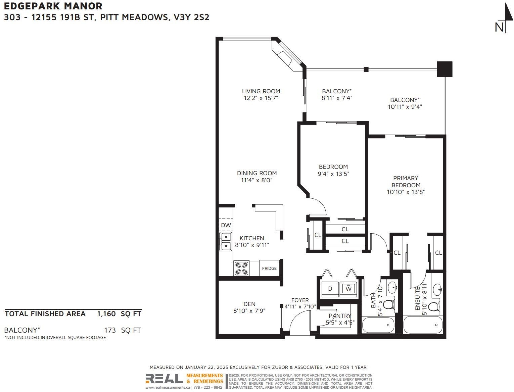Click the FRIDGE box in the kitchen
[x=270, y=268]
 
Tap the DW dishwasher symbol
[x=226, y=225]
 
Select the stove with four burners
[x=241, y=268]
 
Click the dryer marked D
[x=330, y=289]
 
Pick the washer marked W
[x=348, y=289]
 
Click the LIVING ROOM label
[x=261, y=91]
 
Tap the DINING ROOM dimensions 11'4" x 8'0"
[x=257, y=180]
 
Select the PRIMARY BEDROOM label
[x=406, y=181]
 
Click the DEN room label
[x=249, y=304]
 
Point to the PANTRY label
[x=340, y=315]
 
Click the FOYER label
[x=300, y=300]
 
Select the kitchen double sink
[x=226, y=242]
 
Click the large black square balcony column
[x=445, y=69]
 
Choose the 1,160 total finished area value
[x=106, y=313]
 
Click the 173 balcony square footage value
[x=110, y=330]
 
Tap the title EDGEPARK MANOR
[x=53, y=6]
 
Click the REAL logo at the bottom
[x=164, y=379]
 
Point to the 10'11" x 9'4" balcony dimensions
[x=405, y=106]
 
